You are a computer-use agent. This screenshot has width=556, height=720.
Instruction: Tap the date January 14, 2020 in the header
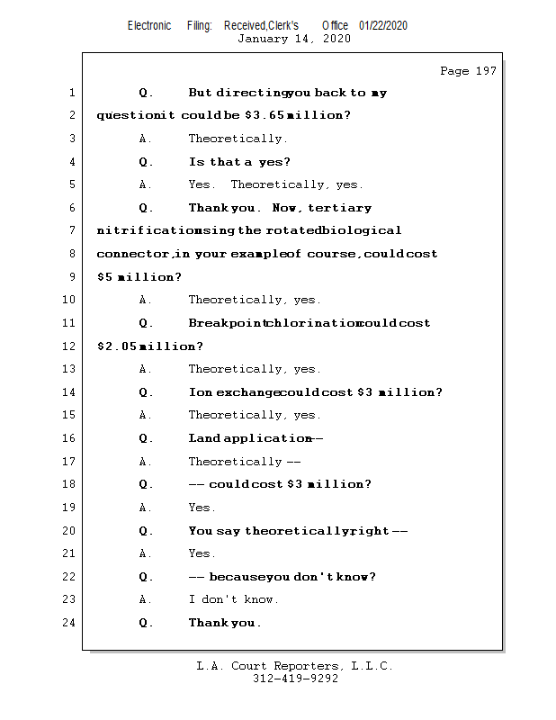[293, 39]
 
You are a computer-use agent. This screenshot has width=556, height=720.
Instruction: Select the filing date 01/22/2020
[382, 25]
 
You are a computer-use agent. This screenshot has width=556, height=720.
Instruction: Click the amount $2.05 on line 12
[116, 346]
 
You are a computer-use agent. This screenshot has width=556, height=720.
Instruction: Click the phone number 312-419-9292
[295, 679]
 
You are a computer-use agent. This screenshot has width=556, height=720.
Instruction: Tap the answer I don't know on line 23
[233, 599]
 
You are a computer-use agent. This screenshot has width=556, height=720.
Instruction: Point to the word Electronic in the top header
[149, 25]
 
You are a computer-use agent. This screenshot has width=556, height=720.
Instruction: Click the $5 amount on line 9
[105, 277]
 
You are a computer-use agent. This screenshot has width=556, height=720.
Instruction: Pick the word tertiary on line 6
[339, 208]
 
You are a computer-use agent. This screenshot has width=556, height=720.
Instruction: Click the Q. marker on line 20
[147, 531]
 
